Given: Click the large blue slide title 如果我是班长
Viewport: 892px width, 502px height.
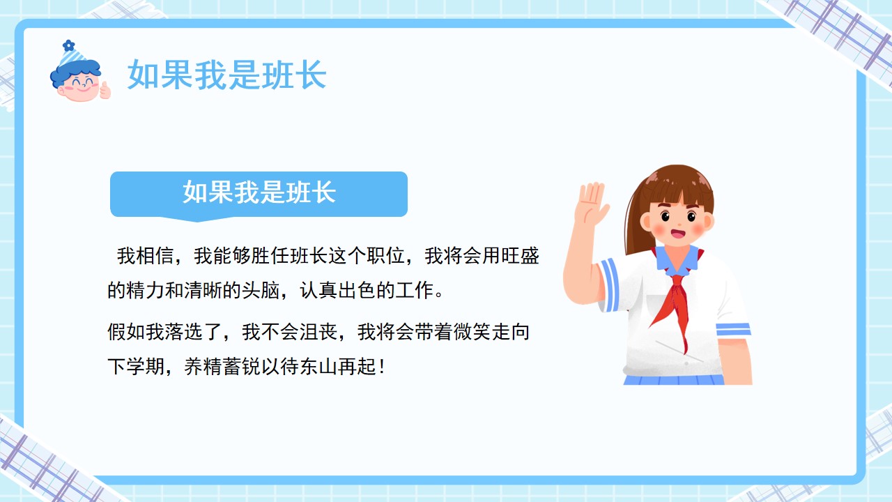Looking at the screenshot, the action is tap(227, 75).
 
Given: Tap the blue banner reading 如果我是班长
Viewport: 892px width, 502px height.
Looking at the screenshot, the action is tap(259, 195).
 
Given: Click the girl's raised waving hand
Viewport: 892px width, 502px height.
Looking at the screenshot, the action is tap(590, 204).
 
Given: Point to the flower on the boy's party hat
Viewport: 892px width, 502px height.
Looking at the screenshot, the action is tap(68, 45).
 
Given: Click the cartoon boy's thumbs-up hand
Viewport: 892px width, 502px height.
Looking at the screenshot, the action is tap(105, 91).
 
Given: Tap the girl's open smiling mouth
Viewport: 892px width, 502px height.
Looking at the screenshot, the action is tap(677, 233).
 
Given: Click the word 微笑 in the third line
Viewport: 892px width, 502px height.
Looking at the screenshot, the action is tap(472, 332).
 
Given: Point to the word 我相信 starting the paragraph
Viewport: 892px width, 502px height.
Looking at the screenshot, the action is tap(146, 256).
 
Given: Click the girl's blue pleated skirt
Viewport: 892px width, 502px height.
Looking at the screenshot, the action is tap(674, 380).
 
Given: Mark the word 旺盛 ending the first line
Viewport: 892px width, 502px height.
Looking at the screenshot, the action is tap(520, 256).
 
